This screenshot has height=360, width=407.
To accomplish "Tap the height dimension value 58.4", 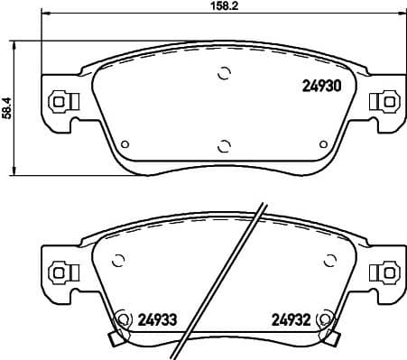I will point(8,107).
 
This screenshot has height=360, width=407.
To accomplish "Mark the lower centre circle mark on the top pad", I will point(225,144).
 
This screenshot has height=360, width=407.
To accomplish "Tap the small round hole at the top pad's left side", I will point(125,143).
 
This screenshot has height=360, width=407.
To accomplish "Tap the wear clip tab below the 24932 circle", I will point(334,339).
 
